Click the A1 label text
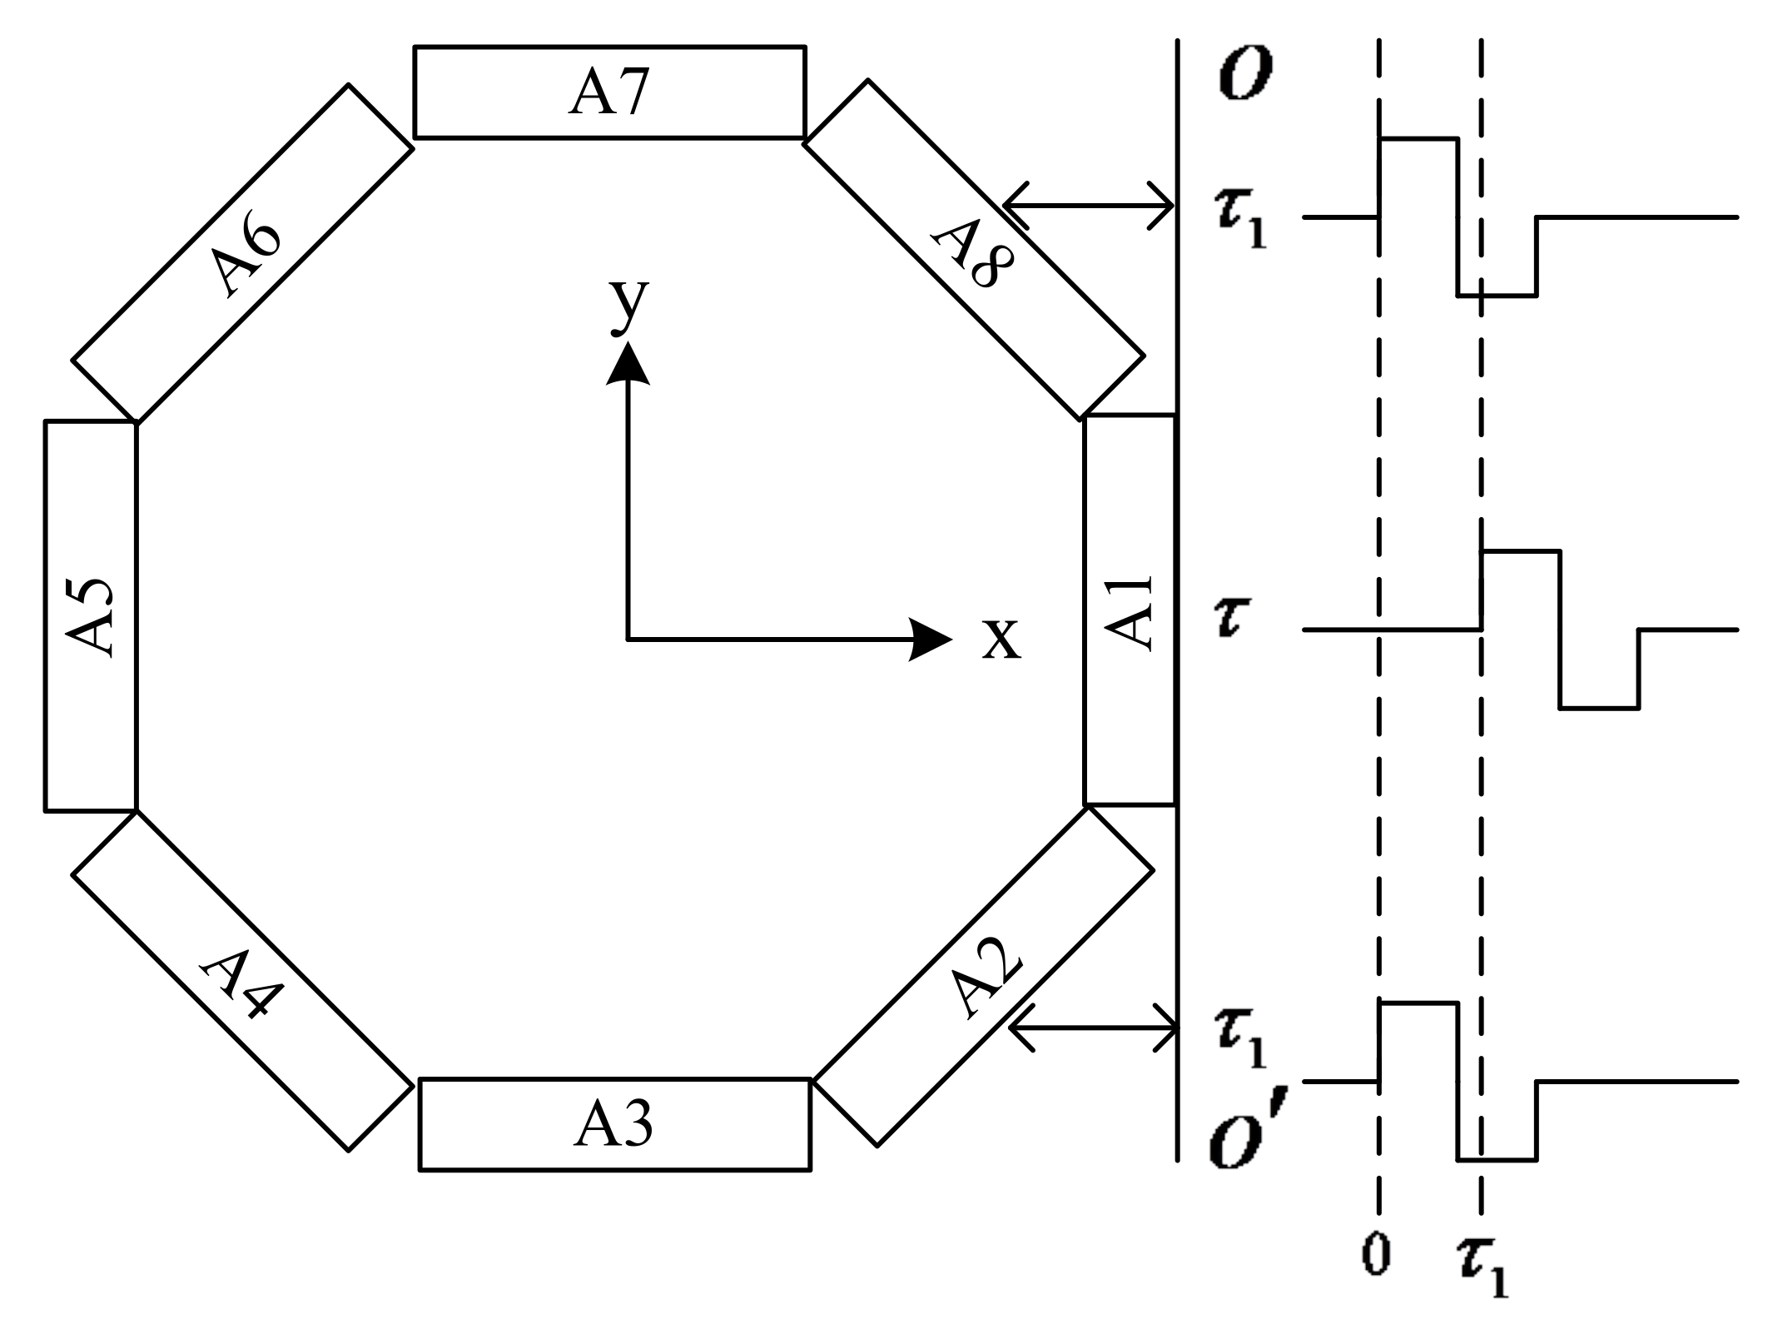point(1130,612)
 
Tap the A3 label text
point(613,1124)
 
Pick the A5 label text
point(90,615)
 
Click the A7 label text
point(608,92)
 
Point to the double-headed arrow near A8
point(1089,205)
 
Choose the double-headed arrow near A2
point(1094,1028)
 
